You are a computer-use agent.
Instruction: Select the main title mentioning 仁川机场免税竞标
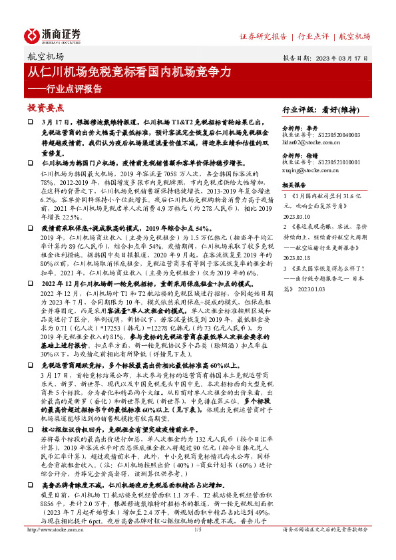(x=130, y=71)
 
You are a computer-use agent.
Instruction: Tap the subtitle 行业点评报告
(x=70, y=88)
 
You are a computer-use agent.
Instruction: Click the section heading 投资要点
(x=45, y=106)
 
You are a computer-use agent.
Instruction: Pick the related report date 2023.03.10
(x=297, y=215)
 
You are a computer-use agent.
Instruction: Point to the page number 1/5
(x=197, y=549)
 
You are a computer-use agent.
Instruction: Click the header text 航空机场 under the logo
(x=46, y=57)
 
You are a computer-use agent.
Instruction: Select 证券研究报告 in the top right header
(x=263, y=37)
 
